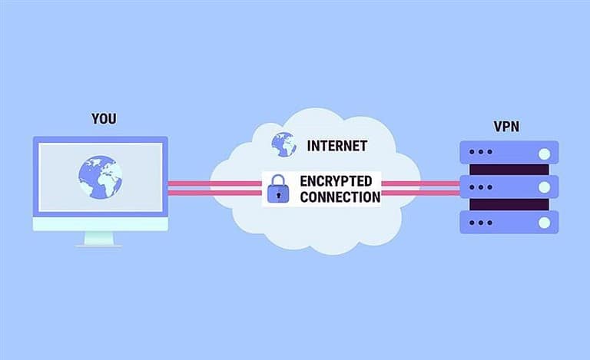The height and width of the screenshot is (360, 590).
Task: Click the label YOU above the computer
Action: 104,119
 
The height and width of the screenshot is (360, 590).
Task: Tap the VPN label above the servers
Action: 506,127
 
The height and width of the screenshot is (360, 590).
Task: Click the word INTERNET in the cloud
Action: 337,146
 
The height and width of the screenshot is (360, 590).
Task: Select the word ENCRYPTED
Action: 336,181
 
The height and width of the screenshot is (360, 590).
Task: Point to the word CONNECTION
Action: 340,197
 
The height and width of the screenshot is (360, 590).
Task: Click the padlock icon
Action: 278,189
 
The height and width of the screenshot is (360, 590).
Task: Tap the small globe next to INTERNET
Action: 283,144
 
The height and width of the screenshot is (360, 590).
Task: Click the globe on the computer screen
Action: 100,177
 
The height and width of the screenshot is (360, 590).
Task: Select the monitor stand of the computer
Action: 98,239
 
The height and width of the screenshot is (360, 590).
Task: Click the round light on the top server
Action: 544,154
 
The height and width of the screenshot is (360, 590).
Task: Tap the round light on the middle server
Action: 544,187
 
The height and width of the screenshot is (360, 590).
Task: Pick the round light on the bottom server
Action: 544,223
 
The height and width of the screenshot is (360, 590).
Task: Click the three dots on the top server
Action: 481,152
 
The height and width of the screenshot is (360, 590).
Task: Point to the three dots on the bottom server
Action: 481,223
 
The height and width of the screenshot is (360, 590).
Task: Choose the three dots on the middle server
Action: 481,187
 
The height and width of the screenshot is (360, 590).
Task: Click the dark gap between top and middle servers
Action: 509,169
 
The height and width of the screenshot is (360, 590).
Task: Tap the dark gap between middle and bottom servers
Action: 509,204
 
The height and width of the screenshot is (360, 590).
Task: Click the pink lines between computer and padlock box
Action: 215,188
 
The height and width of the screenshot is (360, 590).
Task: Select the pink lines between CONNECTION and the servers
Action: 421,188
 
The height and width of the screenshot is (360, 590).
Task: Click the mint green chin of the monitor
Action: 101,224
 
